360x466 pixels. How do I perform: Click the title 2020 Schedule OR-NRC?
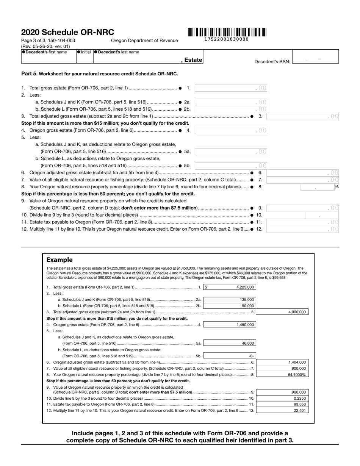pyautogui.click(x=67, y=33)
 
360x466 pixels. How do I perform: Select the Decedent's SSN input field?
pyautogui.click(x=315, y=59)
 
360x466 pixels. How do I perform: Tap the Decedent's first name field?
pyautogui.click(x=49, y=59)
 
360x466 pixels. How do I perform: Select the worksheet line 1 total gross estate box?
pyautogui.click(x=231, y=88)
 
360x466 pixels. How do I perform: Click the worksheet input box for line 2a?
pyautogui.click(x=231, y=102)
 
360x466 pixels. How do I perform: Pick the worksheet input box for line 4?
pyautogui.click(x=231, y=131)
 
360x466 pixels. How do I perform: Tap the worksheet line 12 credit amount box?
pyautogui.click(x=303, y=229)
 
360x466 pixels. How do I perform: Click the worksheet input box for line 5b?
pyautogui.click(x=231, y=166)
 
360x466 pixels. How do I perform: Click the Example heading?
pyautogui.click(x=59, y=260)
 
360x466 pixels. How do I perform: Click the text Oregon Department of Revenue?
pyautogui.click(x=144, y=41)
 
